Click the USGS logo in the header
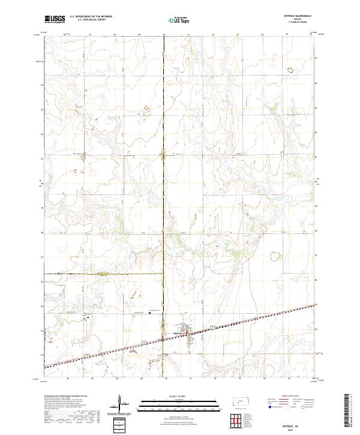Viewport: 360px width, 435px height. (x=55, y=19)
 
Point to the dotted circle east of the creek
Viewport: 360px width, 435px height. (x=275, y=257)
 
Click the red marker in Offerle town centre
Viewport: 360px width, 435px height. (x=187, y=331)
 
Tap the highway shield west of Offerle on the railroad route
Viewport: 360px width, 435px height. (x=144, y=341)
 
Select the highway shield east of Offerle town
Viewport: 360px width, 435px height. (x=212, y=327)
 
